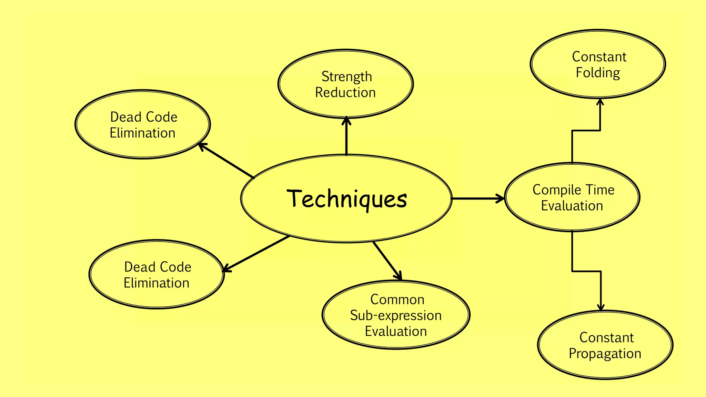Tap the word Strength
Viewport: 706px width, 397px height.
[x=346, y=77]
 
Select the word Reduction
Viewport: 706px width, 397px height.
[x=345, y=92]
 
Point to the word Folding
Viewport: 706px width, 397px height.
[x=598, y=73]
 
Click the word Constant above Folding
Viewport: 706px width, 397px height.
[x=599, y=57]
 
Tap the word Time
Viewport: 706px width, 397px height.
[x=600, y=190]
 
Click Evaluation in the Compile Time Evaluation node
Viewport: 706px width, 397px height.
[x=572, y=206]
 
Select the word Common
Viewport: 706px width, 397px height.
[x=397, y=299]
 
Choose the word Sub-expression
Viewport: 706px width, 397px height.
[x=396, y=315]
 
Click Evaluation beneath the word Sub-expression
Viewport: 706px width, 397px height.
[x=396, y=331]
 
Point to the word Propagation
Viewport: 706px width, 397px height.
[x=605, y=354]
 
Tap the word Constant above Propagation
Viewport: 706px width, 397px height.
[x=606, y=338]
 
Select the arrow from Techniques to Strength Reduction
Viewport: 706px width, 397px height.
[x=346, y=138]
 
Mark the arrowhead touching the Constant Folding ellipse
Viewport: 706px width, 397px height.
[x=600, y=102]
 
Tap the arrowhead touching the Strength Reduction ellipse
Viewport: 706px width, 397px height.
[x=346, y=120]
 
